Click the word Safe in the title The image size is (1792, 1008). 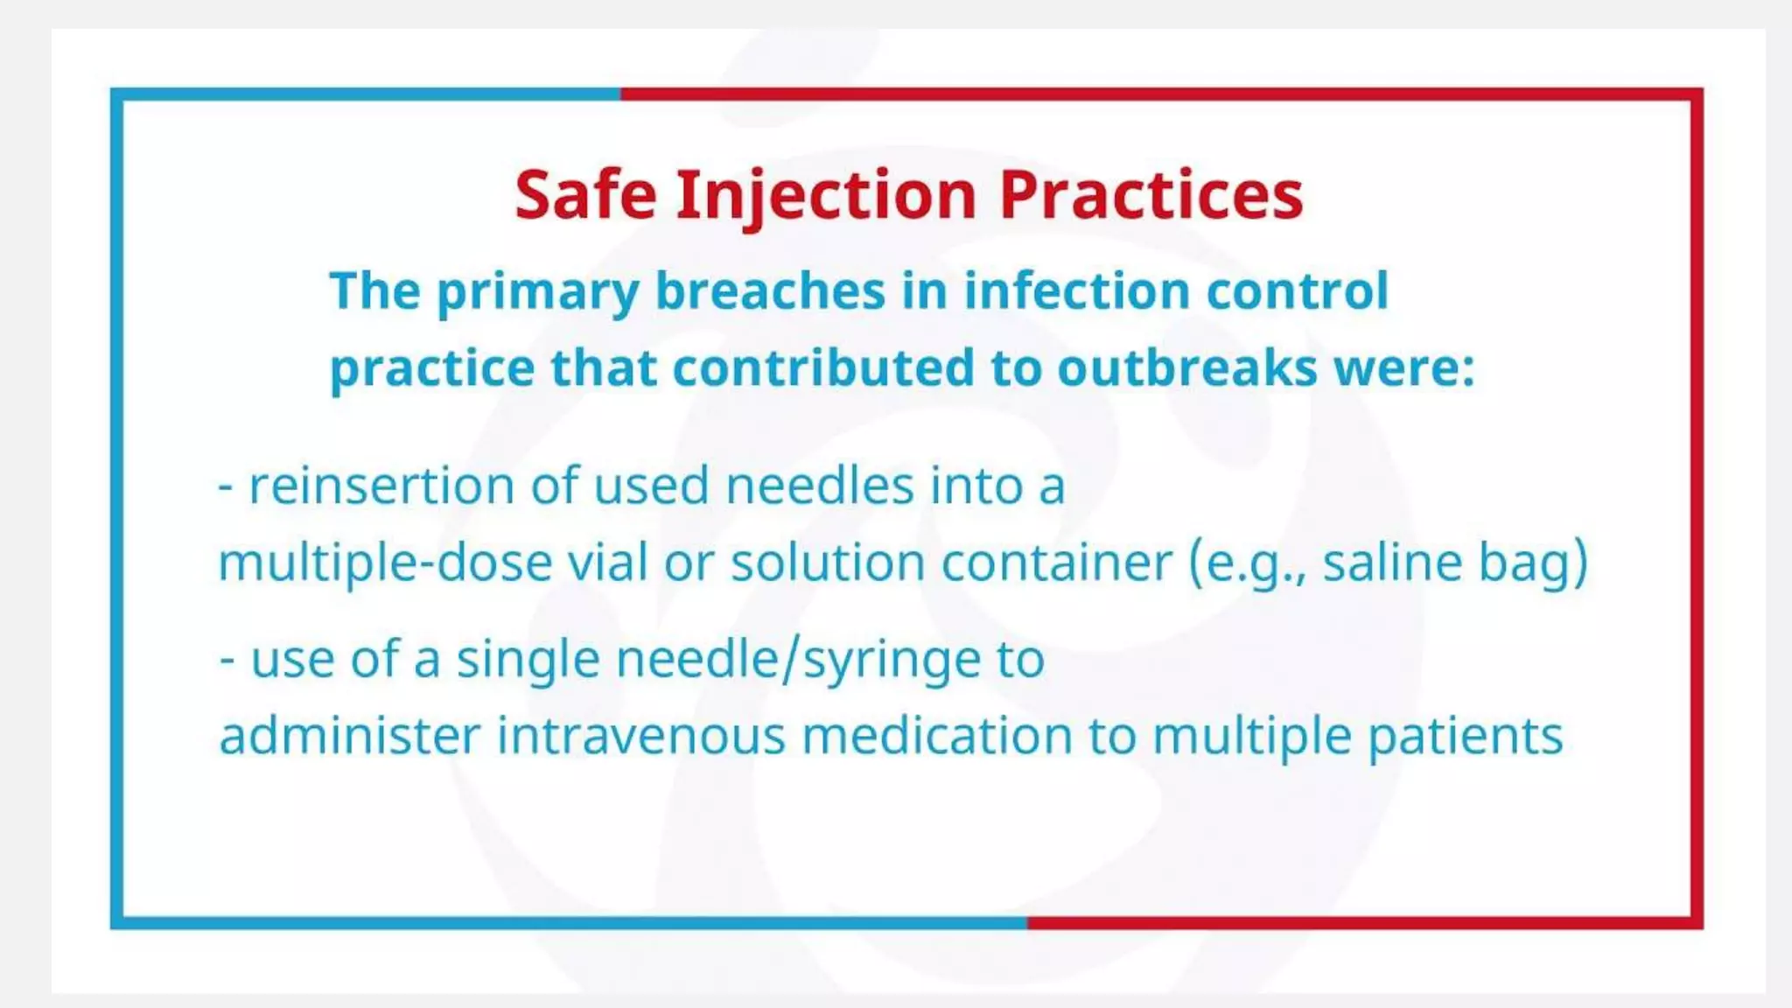(585, 195)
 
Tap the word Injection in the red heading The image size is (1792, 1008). (826, 195)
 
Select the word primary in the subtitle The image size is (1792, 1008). (537, 291)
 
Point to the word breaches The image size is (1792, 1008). (770, 290)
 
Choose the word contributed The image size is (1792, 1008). (822, 367)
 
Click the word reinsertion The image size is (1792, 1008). (381, 486)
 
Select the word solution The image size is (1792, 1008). (828, 563)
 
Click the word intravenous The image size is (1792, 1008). (641, 736)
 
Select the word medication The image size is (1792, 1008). (937, 736)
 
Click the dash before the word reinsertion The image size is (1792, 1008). (226, 487)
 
